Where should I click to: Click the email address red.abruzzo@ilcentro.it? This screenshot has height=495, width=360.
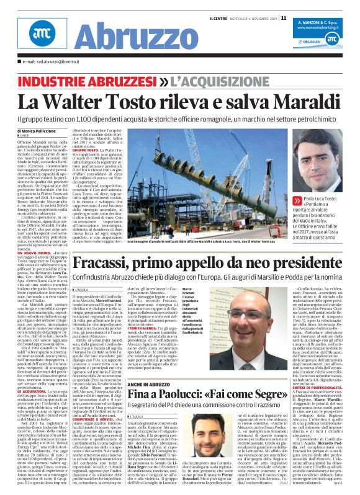pyautogui.click(x=53, y=62)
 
